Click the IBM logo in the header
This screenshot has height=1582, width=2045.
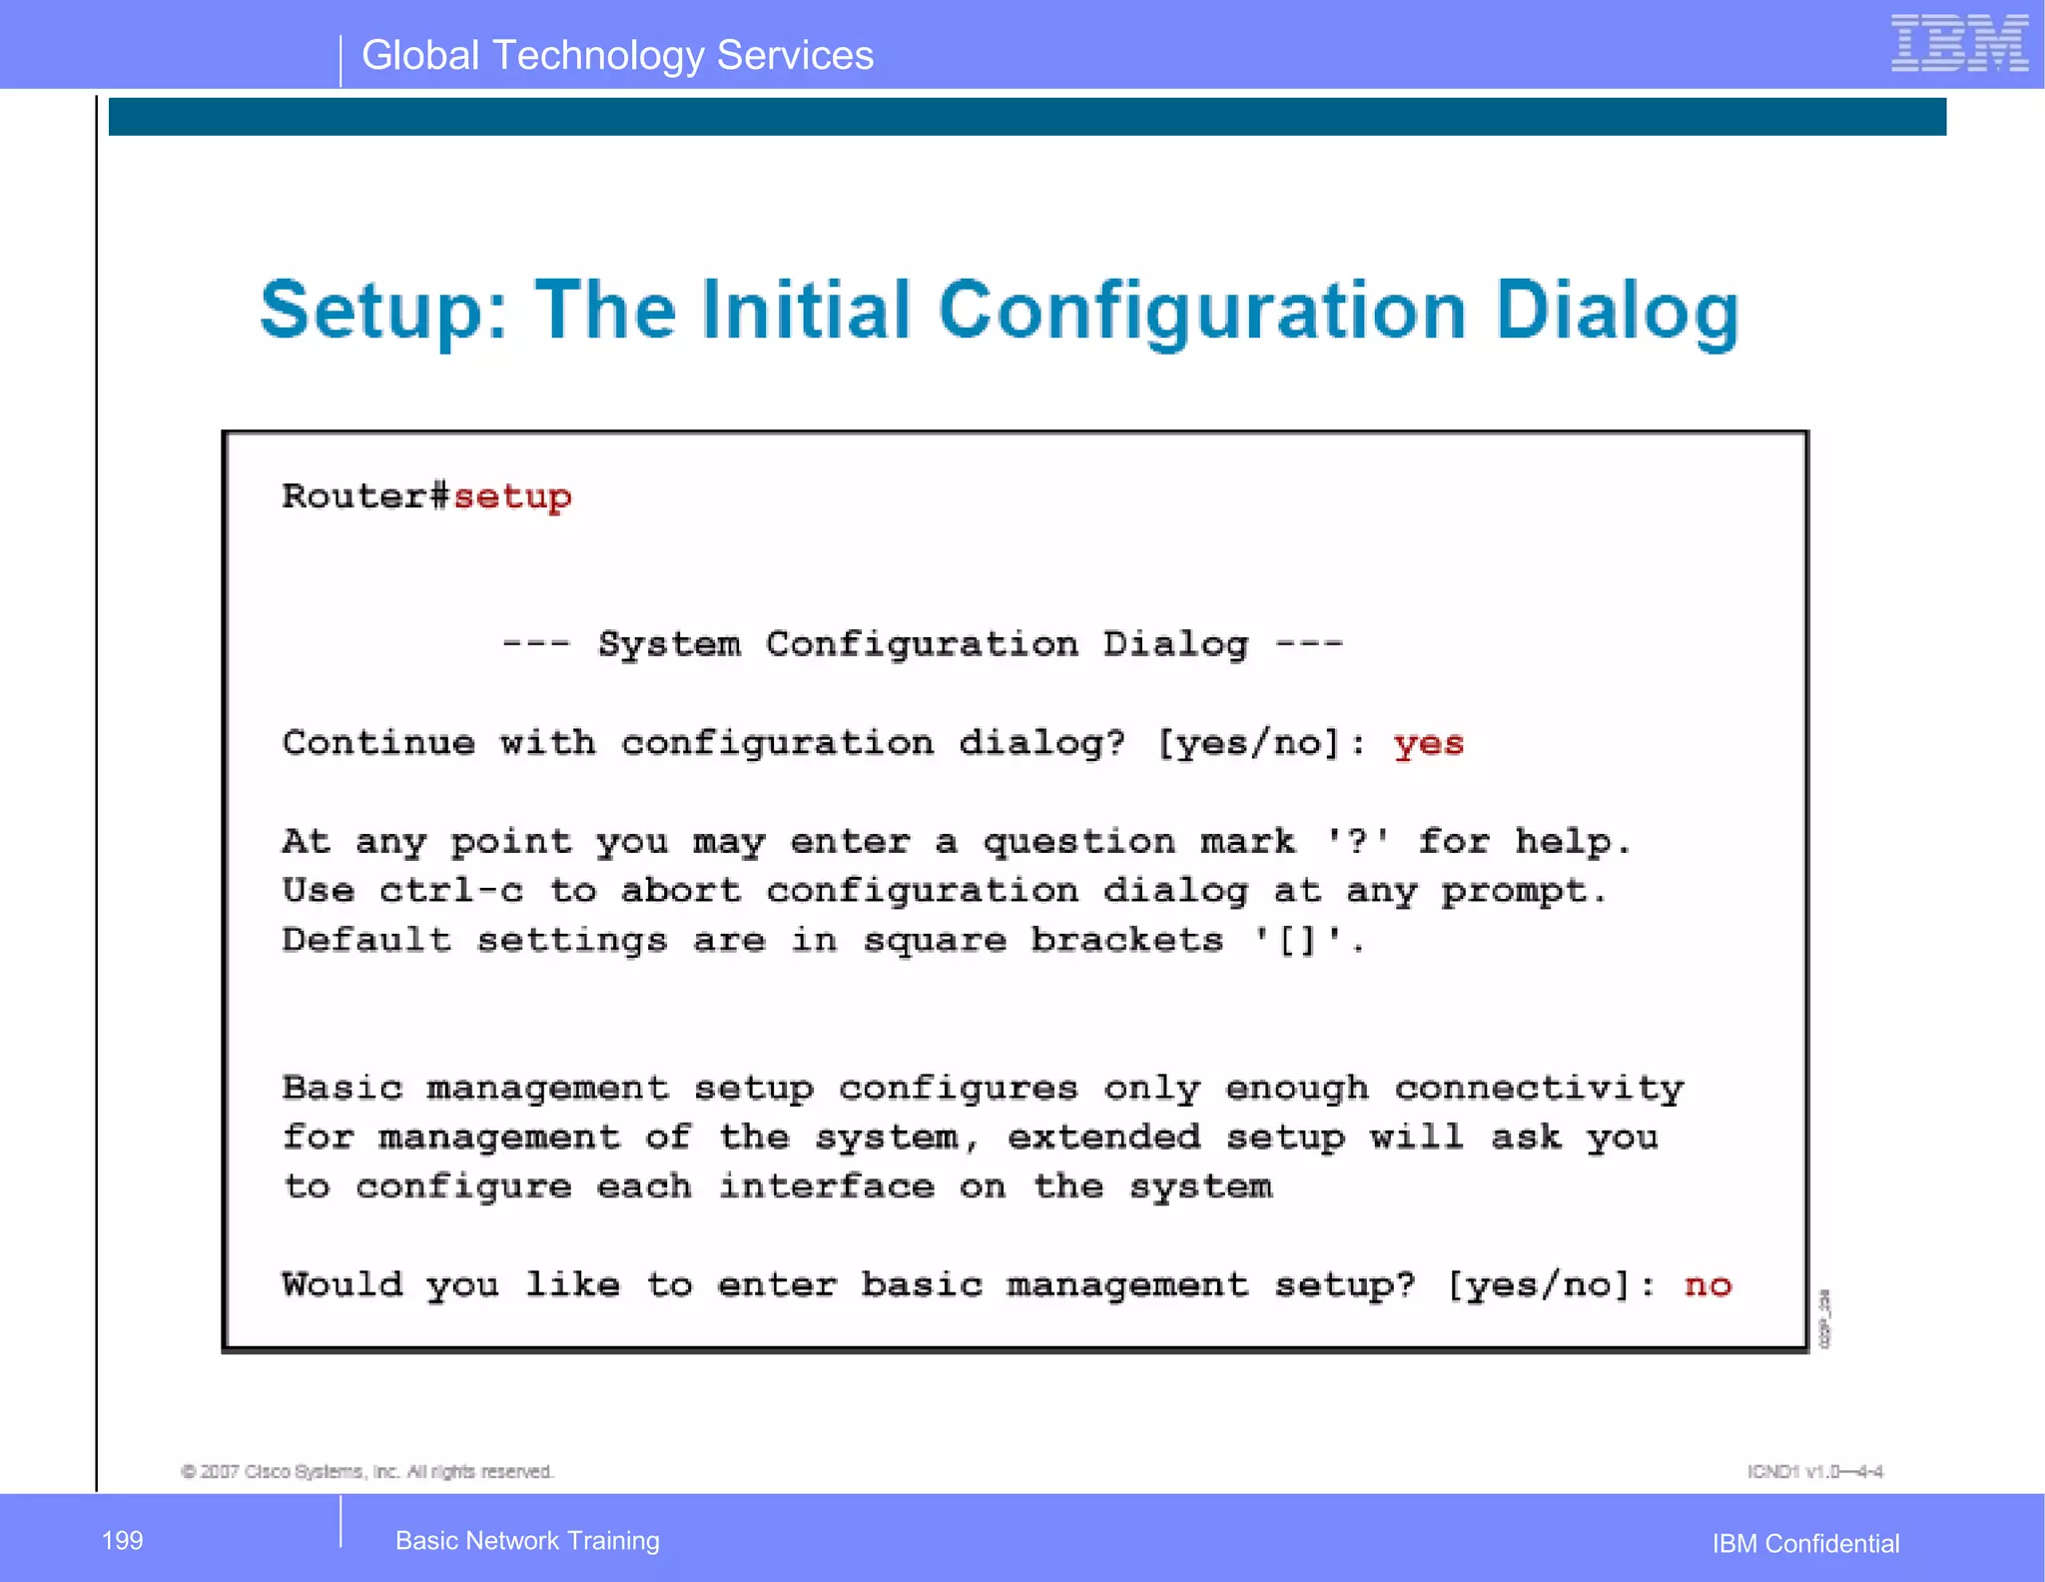[1958, 44]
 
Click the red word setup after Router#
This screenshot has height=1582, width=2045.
[512, 496]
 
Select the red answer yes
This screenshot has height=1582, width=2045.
[1428, 744]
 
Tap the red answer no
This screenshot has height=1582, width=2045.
[1707, 1284]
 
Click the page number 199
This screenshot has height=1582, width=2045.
[122, 1540]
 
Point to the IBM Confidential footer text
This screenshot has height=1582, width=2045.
[1804, 1543]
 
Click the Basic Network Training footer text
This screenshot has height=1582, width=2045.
[527, 1540]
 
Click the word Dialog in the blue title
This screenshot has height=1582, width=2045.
[1617, 312]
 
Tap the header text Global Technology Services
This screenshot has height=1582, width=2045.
[617, 55]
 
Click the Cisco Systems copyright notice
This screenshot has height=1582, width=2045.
[366, 1471]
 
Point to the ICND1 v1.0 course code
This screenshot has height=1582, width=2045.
[1814, 1471]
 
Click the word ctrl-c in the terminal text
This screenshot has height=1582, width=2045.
[450, 890]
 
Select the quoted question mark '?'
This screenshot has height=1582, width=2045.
[1356, 841]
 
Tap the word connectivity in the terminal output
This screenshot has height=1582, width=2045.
[1539, 1088]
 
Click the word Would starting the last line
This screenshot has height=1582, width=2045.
[342, 1284]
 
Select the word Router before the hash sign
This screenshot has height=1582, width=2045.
[353, 496]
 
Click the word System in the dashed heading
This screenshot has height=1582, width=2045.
[668, 644]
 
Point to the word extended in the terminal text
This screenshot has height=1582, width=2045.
[1103, 1137]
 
